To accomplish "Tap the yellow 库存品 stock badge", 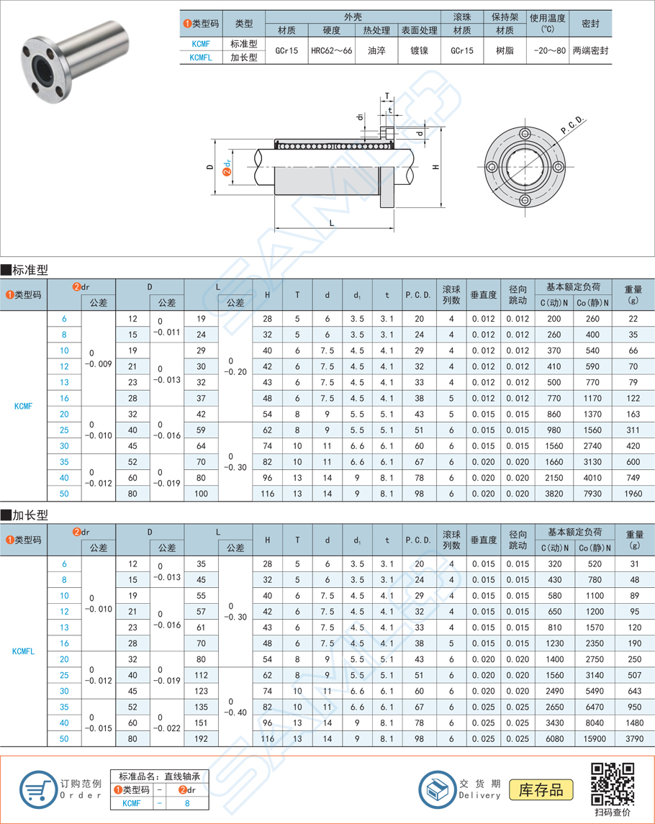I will (541, 790).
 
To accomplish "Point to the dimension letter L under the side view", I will (332, 223).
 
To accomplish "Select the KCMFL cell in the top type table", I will (201, 58).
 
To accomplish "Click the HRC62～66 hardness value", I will (331, 51).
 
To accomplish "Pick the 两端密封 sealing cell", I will (590, 51).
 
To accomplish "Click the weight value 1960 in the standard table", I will (633, 494).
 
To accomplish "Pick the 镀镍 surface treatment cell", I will (418, 51).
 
